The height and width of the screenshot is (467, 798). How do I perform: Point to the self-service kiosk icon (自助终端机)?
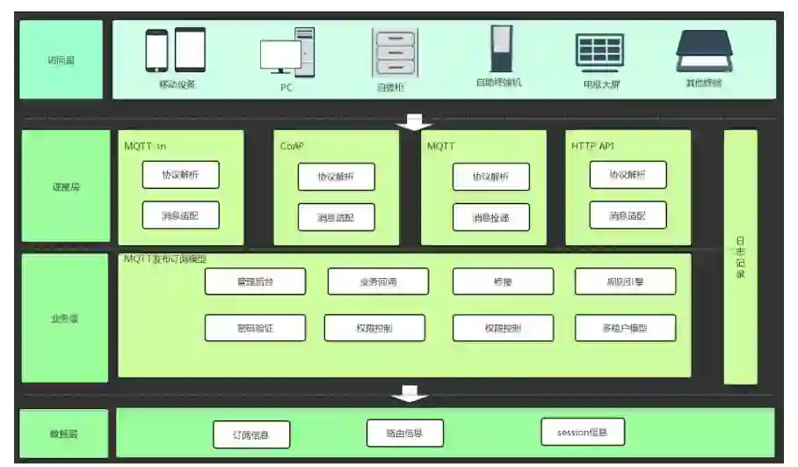[498, 49]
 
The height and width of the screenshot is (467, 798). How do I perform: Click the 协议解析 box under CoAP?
[336, 177]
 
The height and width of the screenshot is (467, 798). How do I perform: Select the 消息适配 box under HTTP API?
[628, 215]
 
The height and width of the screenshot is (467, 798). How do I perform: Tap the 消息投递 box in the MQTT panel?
[492, 217]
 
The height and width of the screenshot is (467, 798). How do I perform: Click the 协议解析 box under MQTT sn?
[180, 175]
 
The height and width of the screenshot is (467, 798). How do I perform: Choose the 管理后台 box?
[256, 281]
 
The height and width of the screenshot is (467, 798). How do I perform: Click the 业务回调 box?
[378, 281]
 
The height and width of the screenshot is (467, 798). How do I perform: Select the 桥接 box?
[503, 281]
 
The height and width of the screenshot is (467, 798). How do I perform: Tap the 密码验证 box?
[256, 328]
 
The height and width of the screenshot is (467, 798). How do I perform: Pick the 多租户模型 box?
[626, 328]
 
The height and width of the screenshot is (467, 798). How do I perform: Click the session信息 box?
[584, 432]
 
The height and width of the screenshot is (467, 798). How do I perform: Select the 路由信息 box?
[404, 433]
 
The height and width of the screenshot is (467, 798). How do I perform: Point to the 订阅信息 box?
[251, 434]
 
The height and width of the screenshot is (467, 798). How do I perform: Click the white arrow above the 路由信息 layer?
[410, 393]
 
